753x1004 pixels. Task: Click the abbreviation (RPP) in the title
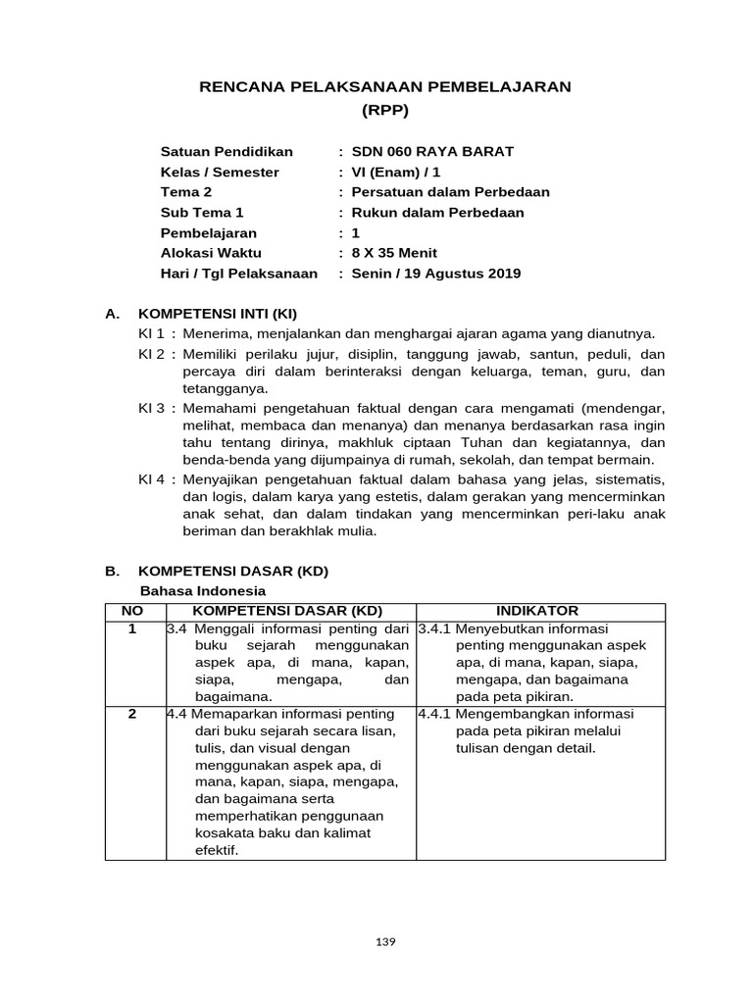pyautogui.click(x=384, y=109)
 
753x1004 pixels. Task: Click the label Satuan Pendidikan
pyautogui.click(x=226, y=152)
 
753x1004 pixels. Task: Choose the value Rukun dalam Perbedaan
pyautogui.click(x=437, y=213)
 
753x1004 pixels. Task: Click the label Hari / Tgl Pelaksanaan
pyautogui.click(x=238, y=274)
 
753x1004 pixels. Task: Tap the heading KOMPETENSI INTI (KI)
pyautogui.click(x=217, y=315)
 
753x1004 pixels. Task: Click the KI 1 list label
pyautogui.click(x=153, y=334)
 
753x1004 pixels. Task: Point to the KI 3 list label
pyautogui.click(x=153, y=405)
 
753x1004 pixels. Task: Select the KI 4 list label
pyautogui.click(x=153, y=479)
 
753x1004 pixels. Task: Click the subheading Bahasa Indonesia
pyautogui.click(x=203, y=591)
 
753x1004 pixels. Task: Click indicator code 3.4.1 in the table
pyautogui.click(x=434, y=628)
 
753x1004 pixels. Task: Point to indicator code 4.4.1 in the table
pyautogui.click(x=434, y=714)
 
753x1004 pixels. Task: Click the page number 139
pyautogui.click(x=385, y=942)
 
